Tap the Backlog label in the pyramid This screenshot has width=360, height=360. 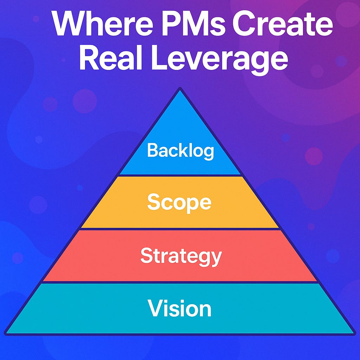[180, 150]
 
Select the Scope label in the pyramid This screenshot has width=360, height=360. [179, 202]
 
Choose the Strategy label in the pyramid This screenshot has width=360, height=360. [181, 256]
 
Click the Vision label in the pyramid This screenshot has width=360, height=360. [180, 309]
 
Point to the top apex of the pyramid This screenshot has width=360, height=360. [180, 89]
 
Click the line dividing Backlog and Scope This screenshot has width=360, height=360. [180, 175]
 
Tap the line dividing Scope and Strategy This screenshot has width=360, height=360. [180, 229]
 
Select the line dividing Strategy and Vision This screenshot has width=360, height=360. [180, 282]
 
